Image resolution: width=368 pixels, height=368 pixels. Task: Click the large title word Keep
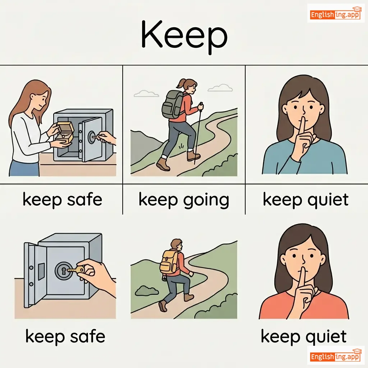pos(184,37)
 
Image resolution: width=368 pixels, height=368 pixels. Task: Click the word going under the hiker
pos(206,201)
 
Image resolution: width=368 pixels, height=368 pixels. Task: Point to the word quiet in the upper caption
pos(328,200)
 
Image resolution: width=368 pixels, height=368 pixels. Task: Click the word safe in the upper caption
pos(84,199)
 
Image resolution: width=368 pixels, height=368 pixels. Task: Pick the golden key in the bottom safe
pos(76,270)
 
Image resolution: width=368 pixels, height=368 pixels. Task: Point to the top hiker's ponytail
pos(181,83)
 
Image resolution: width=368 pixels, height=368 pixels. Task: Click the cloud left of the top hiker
pos(146,94)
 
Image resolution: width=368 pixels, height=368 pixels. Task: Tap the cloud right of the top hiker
pos(220,88)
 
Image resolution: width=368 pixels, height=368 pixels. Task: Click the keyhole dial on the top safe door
pos(92,137)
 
